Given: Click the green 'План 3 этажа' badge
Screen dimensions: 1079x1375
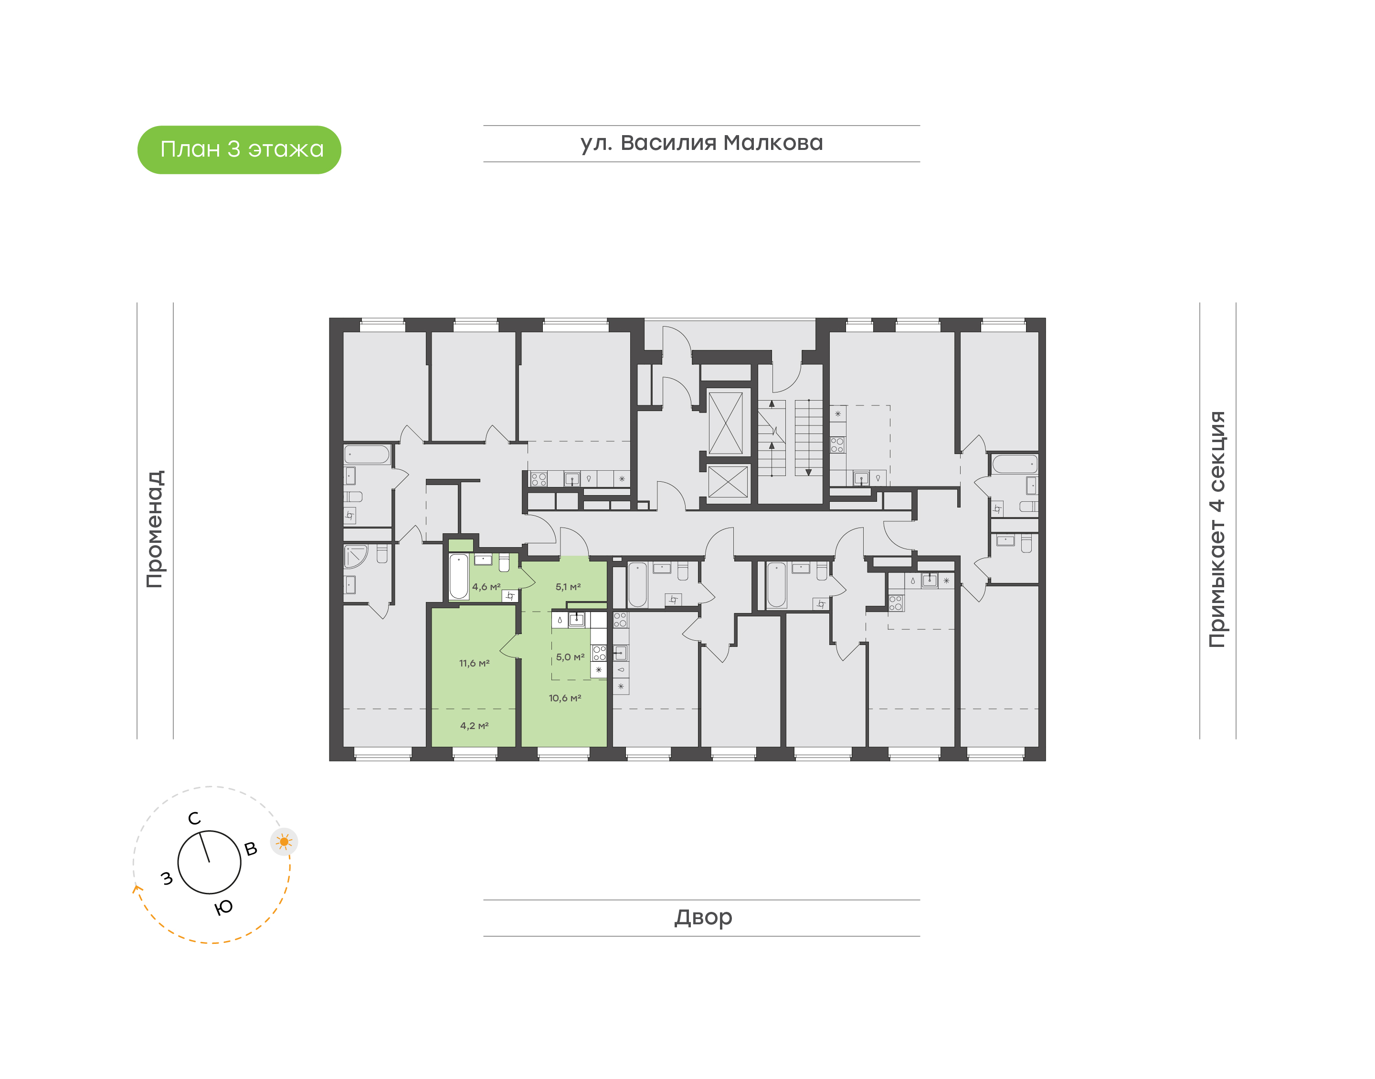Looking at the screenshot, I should tap(239, 150).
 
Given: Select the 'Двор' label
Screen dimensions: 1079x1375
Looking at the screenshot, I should tap(702, 917).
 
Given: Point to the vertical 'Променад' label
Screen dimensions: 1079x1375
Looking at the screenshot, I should tap(155, 529).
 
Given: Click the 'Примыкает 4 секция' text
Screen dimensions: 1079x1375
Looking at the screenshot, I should tap(1216, 529).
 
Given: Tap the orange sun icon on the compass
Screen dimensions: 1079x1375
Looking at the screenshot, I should tap(284, 841).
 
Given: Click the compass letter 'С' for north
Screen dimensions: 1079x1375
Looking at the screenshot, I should tap(194, 819).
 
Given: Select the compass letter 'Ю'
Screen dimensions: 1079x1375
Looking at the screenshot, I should tap(223, 908).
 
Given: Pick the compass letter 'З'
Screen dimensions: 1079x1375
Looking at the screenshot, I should tap(167, 878).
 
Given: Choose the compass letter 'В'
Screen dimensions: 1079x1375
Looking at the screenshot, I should tap(251, 849).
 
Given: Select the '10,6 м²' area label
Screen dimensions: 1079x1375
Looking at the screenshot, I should tap(565, 698).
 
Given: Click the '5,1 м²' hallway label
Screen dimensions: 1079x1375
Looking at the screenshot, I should tap(568, 587).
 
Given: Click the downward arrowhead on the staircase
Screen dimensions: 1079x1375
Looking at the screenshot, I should tap(808, 472).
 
